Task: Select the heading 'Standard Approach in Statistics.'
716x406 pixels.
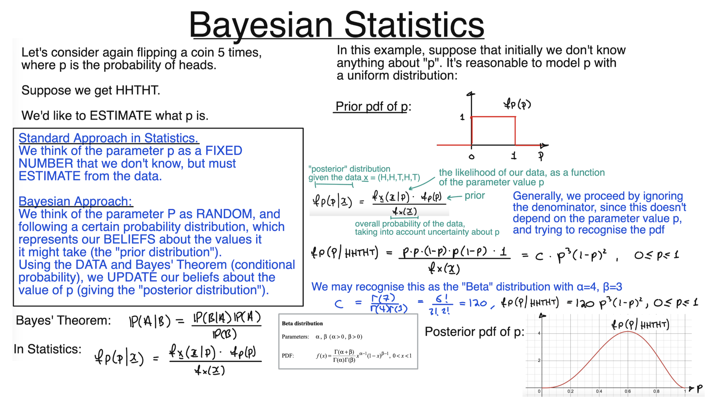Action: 108,138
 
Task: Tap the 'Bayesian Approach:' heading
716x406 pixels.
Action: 75,201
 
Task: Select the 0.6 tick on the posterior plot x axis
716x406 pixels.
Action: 627,391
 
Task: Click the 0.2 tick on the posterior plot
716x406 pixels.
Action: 570,391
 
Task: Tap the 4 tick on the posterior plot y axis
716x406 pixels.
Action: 539,333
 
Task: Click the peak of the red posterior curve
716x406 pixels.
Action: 628,332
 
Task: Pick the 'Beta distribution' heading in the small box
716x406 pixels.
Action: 302,324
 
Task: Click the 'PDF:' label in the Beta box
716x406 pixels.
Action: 288,355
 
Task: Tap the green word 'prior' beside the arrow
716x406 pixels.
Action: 475,196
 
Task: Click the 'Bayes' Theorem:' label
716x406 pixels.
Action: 63,320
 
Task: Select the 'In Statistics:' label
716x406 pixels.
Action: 47,349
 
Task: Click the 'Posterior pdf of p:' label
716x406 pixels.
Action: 474,332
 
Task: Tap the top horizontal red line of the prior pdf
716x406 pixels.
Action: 493,117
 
